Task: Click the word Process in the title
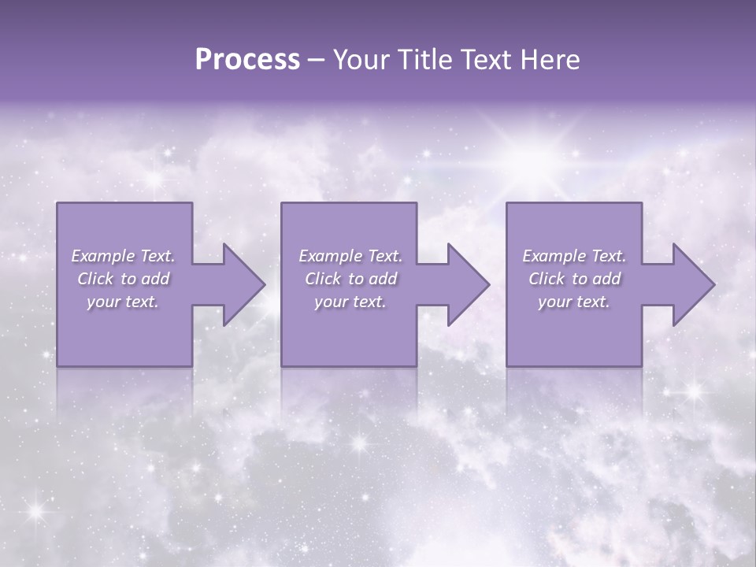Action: [247, 60]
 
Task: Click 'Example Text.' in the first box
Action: [123, 256]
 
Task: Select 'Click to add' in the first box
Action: [123, 279]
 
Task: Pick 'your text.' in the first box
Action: [123, 302]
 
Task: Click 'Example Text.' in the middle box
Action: [350, 256]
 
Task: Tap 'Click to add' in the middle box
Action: [350, 279]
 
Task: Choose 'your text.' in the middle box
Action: [350, 302]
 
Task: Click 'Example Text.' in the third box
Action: [574, 256]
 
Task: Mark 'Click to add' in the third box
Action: [574, 279]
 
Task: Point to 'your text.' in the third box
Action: [574, 302]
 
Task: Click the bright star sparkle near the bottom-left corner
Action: [35, 510]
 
